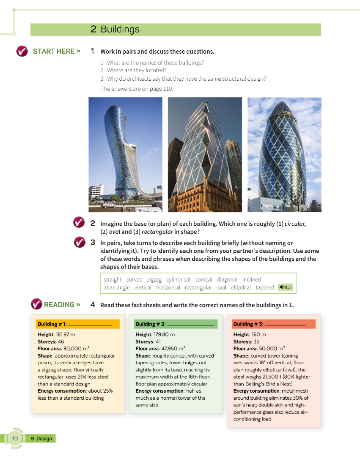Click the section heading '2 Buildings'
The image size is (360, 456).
(115, 29)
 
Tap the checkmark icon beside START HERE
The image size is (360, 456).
(22, 51)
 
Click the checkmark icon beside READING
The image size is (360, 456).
(37, 304)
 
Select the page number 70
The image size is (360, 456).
(15, 438)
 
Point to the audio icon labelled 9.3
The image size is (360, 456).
(286, 287)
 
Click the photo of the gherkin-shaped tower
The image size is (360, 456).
(284, 154)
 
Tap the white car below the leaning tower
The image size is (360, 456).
(109, 205)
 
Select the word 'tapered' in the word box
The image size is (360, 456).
(265, 287)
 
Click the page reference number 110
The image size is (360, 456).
(168, 89)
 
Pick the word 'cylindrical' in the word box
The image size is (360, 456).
(178, 279)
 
